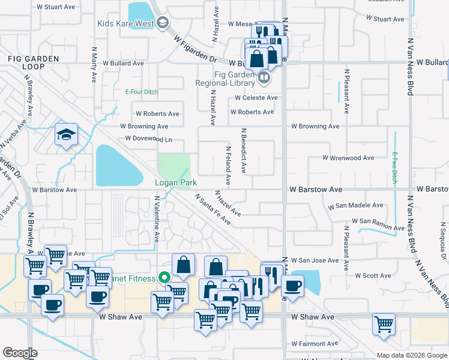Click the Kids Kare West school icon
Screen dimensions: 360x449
(x=162, y=23)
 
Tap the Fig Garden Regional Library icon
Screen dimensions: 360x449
(x=263, y=78)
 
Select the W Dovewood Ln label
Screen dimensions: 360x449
(x=149, y=139)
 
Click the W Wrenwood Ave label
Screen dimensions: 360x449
(x=348, y=158)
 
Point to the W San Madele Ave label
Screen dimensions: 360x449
(x=355, y=205)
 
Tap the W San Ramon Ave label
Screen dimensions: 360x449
(x=378, y=224)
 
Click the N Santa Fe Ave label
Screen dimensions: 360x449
(x=212, y=209)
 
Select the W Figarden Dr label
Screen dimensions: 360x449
(x=196, y=49)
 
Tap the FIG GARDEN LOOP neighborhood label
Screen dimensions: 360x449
(x=34, y=62)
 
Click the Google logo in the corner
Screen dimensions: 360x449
(x=20, y=353)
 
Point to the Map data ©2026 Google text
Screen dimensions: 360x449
(x=411, y=355)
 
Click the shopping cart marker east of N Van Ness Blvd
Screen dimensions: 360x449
(x=384, y=324)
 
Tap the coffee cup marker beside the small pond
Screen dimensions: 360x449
(x=292, y=286)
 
